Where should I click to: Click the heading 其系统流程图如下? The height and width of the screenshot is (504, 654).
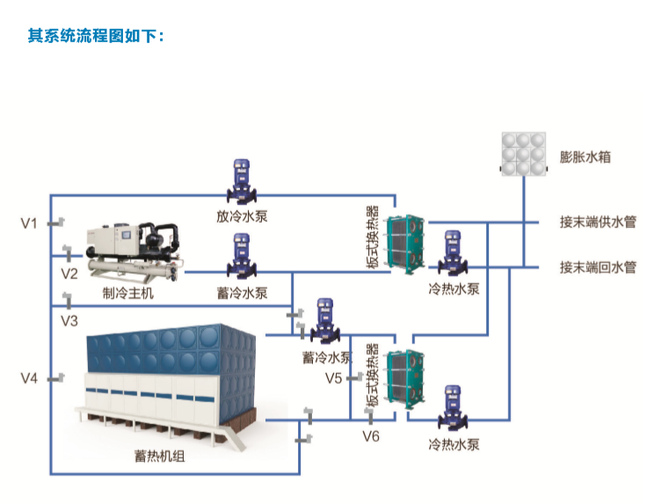pos(96,36)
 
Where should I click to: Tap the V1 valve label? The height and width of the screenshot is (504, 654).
pos(29,223)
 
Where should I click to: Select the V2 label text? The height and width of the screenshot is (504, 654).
pos(69,274)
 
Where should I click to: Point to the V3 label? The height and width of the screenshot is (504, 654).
pos(69,321)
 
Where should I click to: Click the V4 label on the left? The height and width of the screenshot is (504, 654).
pos(29,378)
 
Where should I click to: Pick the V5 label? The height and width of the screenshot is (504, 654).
pos(334,378)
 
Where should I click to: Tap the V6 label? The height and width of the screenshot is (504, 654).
pos(371,436)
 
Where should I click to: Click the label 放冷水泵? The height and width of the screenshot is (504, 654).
pos(242,216)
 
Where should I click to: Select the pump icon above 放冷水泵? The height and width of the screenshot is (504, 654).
pos(242,181)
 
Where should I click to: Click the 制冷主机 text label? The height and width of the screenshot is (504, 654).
pos(128,293)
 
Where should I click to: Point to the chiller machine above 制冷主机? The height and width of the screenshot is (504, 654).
pos(134,252)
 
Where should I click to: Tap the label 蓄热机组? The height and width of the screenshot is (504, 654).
pos(159,456)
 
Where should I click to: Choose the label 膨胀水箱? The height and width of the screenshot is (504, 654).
pos(585,157)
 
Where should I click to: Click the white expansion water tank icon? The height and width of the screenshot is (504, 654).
pos(523,154)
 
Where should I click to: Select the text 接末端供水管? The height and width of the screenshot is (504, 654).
pos(598,222)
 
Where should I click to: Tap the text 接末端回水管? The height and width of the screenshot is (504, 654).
pos(598,267)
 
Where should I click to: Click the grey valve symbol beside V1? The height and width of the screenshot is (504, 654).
pos(56,223)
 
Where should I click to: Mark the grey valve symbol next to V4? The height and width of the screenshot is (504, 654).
pos(56,378)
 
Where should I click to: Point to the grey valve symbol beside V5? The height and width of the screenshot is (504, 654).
pos(354,377)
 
